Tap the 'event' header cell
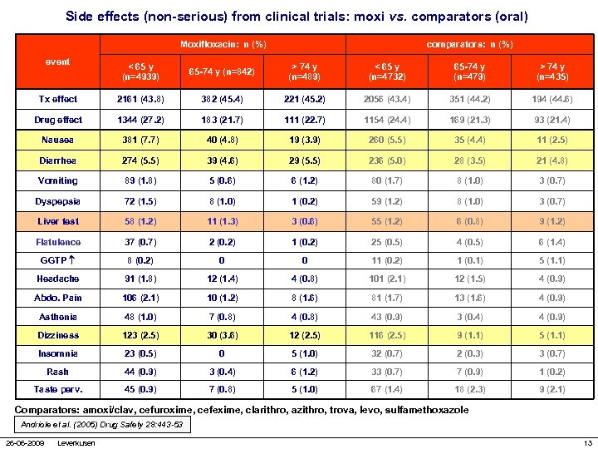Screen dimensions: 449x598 click(x=58, y=62)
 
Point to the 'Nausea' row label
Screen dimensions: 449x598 click(x=58, y=140)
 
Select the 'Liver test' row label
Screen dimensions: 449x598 click(x=58, y=221)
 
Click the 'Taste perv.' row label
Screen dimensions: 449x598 click(x=58, y=389)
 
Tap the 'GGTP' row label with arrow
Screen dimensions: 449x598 click(x=58, y=260)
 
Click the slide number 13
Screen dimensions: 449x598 click(x=587, y=442)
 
